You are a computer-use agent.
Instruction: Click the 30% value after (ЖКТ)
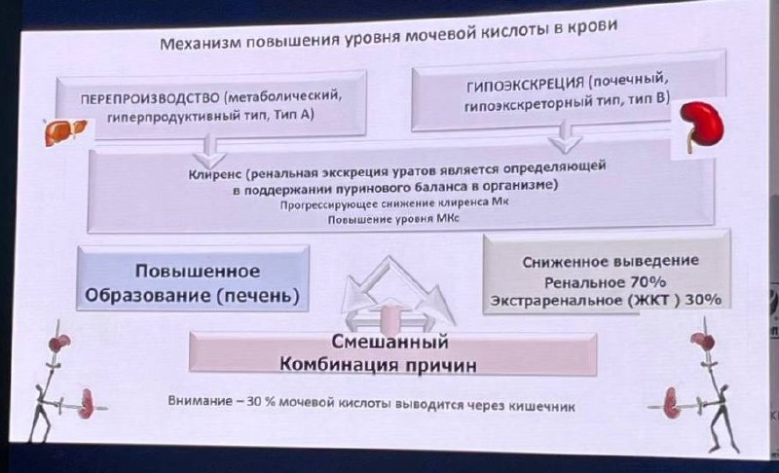point(702,300)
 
